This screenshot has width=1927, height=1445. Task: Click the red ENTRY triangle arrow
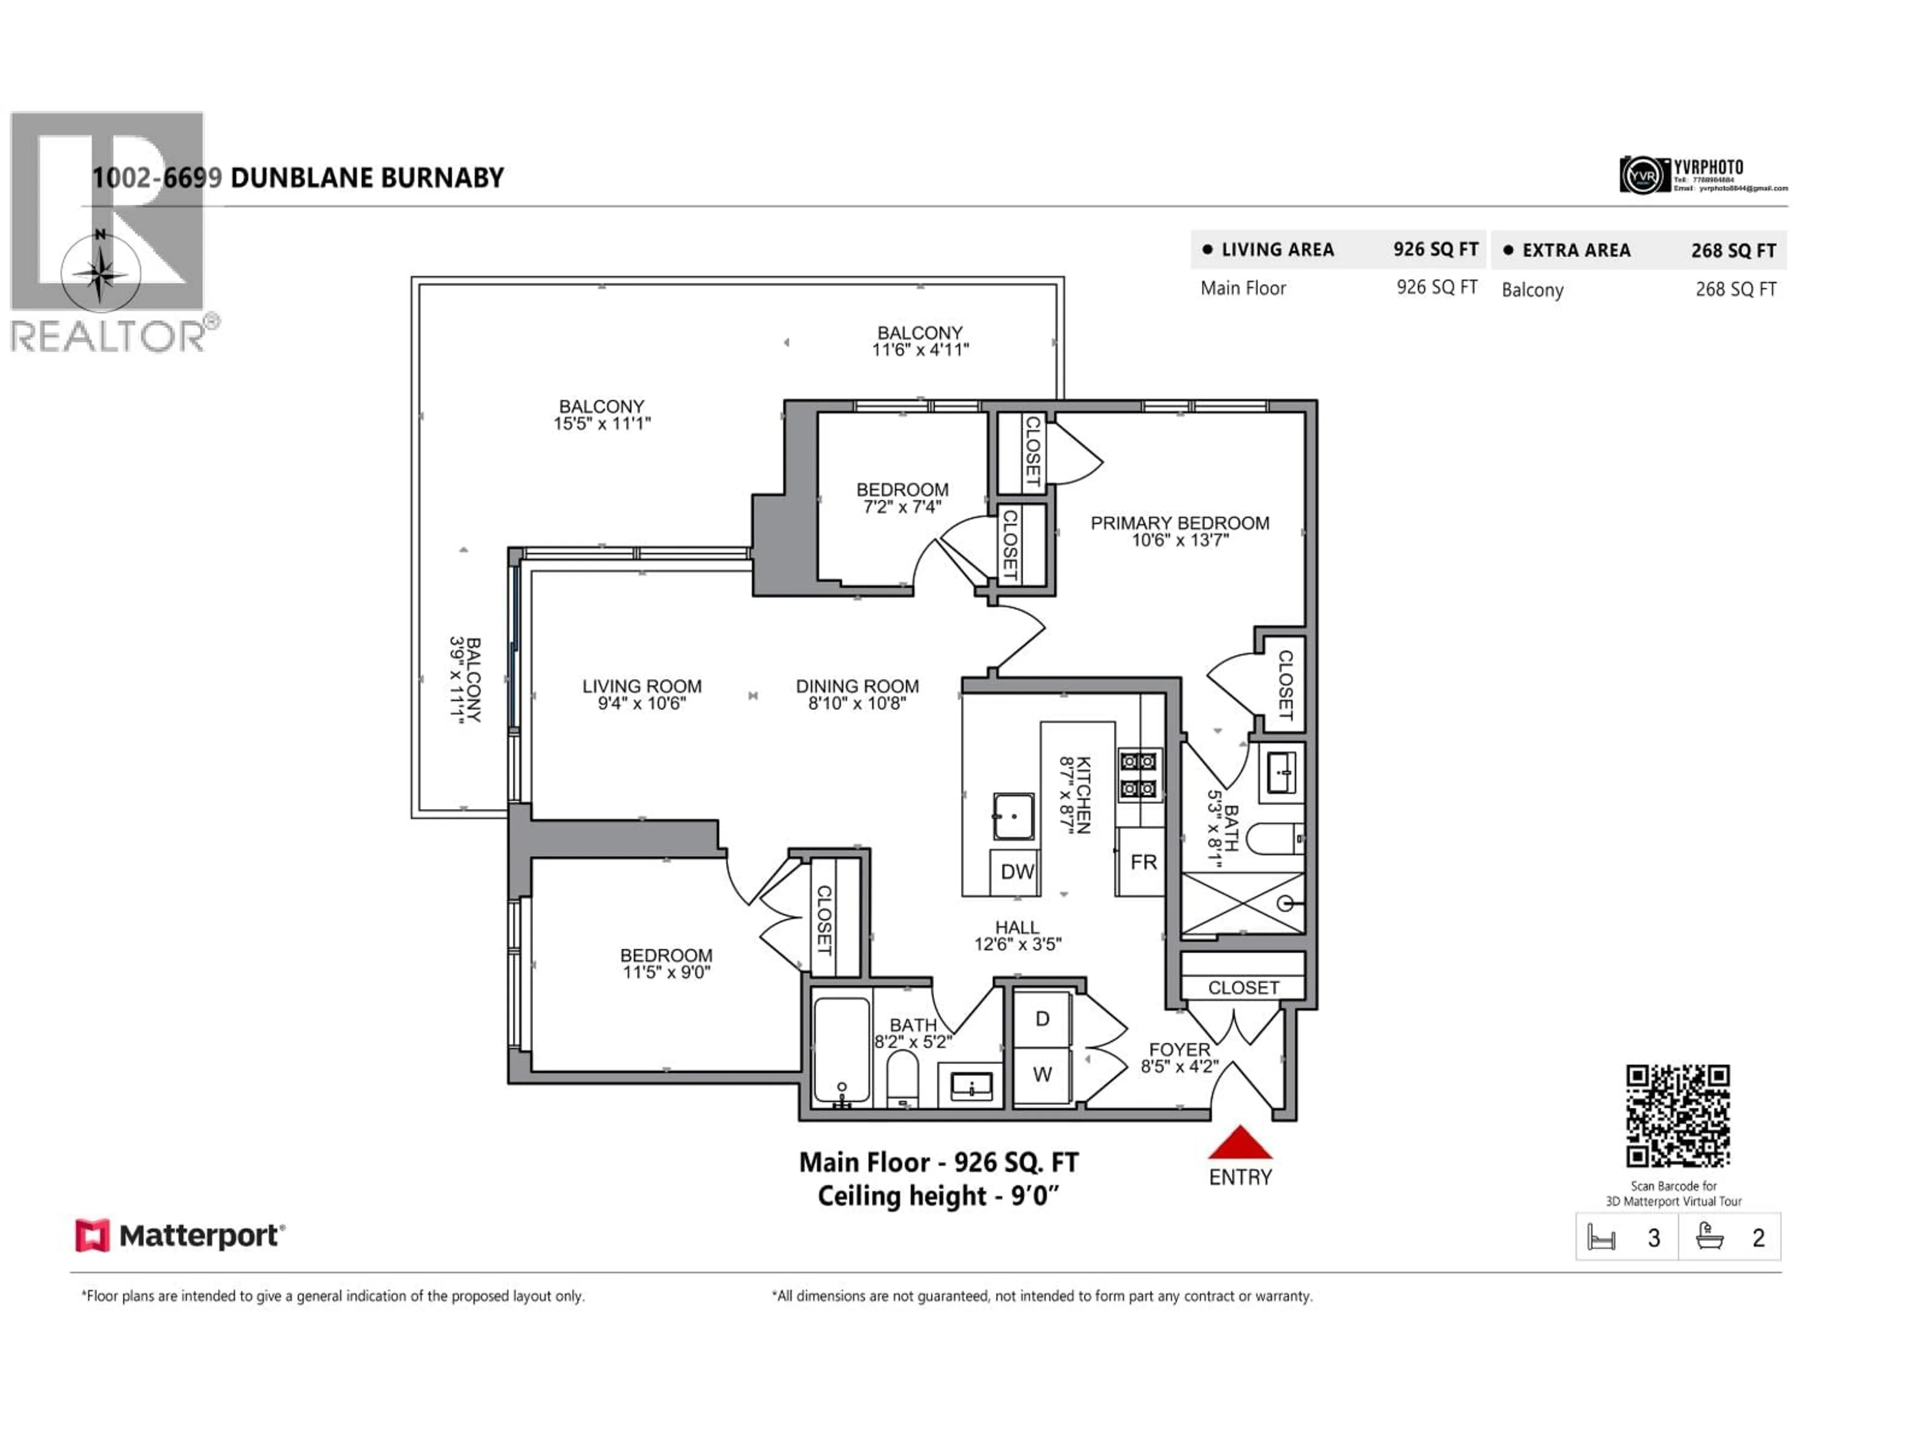(1240, 1143)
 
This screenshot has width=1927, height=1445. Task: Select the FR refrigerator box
(1143, 862)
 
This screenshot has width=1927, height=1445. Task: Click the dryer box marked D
(1042, 1019)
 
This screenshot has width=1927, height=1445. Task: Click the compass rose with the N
(101, 272)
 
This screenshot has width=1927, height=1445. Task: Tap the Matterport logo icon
(92, 1235)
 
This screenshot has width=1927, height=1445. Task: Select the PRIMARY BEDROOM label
(1180, 523)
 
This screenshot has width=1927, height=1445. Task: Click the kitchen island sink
(1014, 816)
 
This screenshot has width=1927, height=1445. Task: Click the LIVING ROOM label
(642, 686)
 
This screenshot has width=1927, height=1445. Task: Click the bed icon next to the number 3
(1601, 1238)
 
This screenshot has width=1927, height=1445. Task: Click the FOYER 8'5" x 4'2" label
(1180, 1057)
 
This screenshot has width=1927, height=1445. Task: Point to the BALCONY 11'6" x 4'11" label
(920, 341)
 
